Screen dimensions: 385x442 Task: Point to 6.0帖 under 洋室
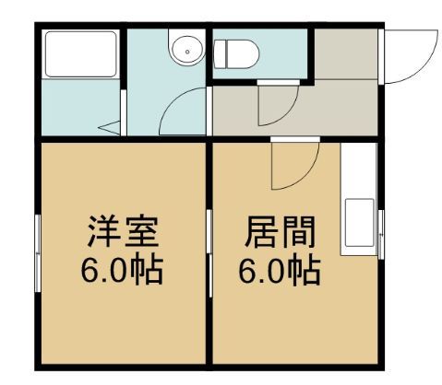click(x=121, y=271)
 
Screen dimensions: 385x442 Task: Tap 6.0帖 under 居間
click(x=279, y=271)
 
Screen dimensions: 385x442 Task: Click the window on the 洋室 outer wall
click(x=38, y=249)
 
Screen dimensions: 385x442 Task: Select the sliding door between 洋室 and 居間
click(x=209, y=249)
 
